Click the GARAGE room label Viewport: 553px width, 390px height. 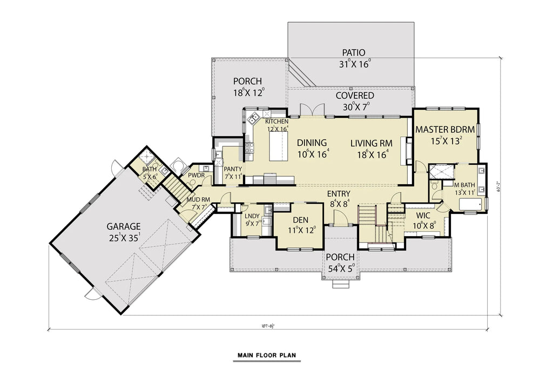(x=123, y=226)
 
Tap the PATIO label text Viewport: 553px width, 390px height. (x=353, y=53)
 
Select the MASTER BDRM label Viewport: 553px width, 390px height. (x=444, y=130)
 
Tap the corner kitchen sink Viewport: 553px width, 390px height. (x=253, y=116)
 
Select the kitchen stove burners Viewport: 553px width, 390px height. (x=249, y=147)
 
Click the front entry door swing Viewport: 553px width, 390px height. (x=340, y=218)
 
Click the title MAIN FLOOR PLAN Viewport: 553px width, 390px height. (x=266, y=355)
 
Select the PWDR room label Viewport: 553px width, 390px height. (x=195, y=176)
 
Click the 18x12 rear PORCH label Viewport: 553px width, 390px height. (x=248, y=81)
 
